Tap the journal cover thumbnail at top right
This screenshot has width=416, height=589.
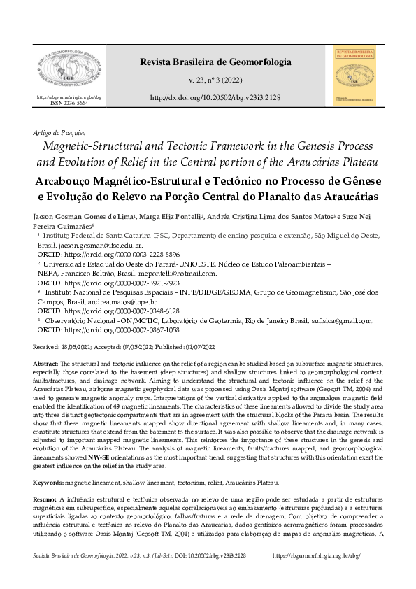352,76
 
